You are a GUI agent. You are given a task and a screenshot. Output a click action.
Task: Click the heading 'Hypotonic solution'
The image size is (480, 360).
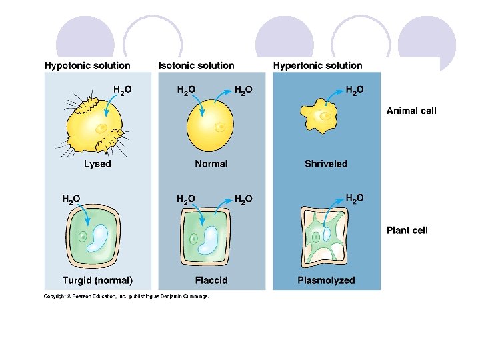pos(87,65)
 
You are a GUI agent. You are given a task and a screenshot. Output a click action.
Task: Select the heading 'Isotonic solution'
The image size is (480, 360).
pos(196,65)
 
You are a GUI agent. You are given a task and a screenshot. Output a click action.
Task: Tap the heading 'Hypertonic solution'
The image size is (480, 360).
pos(317,65)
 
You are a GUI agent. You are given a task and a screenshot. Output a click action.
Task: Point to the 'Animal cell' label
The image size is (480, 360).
pos(411,111)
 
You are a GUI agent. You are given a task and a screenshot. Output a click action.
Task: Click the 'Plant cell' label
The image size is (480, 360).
pos(407,231)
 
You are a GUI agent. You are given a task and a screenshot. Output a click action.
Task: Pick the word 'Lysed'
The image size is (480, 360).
pos(97,163)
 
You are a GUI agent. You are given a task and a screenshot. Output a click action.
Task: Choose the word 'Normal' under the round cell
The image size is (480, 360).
pos(211,163)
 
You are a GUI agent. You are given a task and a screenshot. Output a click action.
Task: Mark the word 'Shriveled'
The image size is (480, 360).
pos(326,163)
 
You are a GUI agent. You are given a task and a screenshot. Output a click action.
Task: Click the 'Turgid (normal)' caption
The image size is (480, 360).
pos(97,281)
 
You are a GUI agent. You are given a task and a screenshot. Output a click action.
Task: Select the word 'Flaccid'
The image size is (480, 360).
pos(211,281)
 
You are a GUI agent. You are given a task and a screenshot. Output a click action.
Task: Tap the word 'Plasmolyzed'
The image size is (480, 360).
pos(326,281)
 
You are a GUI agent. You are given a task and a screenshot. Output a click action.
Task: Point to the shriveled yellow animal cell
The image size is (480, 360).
pos(321,118)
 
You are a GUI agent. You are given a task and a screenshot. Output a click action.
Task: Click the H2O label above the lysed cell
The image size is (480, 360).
pos(122,89)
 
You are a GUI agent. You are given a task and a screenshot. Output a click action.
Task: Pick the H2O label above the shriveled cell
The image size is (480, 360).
pos(355,89)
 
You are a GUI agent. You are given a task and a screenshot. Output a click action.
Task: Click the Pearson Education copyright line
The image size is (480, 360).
pos(126,296)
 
